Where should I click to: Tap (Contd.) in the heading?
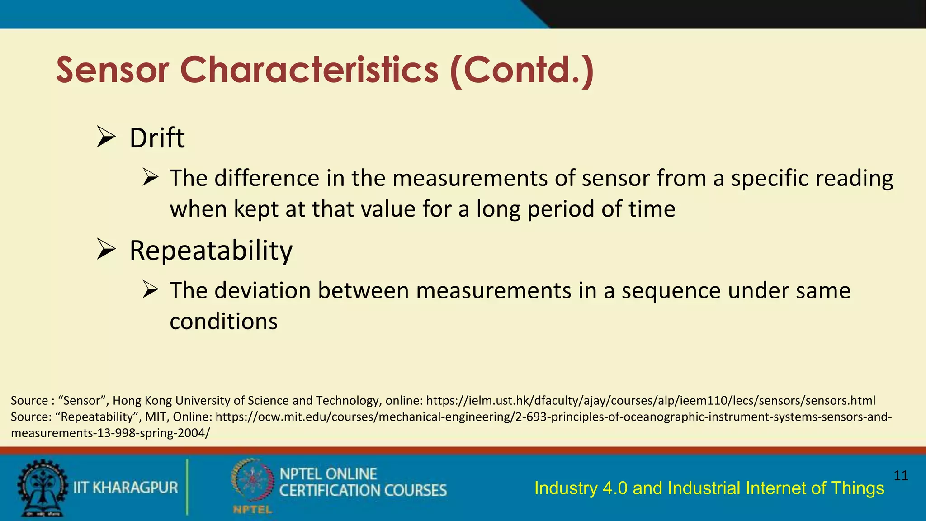[x=522, y=71]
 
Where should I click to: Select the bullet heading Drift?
[x=157, y=138]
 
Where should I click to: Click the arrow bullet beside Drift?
[x=106, y=137]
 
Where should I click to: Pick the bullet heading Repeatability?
[x=211, y=251]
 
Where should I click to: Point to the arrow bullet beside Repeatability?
[x=106, y=250]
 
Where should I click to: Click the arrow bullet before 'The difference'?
[x=150, y=177]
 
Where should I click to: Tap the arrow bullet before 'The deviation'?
[x=150, y=289]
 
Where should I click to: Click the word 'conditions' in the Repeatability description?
[x=223, y=322]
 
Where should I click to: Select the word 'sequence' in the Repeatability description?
[x=671, y=290]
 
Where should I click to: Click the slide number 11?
[x=901, y=475]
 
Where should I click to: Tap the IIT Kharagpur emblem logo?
[x=42, y=488]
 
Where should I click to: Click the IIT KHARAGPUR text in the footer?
[x=126, y=488]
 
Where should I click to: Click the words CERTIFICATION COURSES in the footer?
[x=363, y=491]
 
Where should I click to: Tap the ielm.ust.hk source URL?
[x=651, y=401]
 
